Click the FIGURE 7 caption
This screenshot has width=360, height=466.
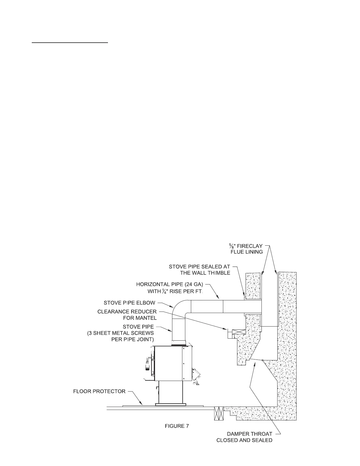(x=177, y=426)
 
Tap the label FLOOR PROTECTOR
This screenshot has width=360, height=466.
(x=99, y=391)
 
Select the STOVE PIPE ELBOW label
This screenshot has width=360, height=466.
(x=129, y=303)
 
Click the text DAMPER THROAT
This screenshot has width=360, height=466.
(x=249, y=434)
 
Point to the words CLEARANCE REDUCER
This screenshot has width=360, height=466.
(x=127, y=311)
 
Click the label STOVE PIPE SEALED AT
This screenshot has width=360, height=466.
(x=199, y=267)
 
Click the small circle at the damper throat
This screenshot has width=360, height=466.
(x=262, y=360)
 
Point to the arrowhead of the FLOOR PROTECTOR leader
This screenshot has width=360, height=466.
(x=142, y=404)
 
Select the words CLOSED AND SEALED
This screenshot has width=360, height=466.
(x=244, y=440)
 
